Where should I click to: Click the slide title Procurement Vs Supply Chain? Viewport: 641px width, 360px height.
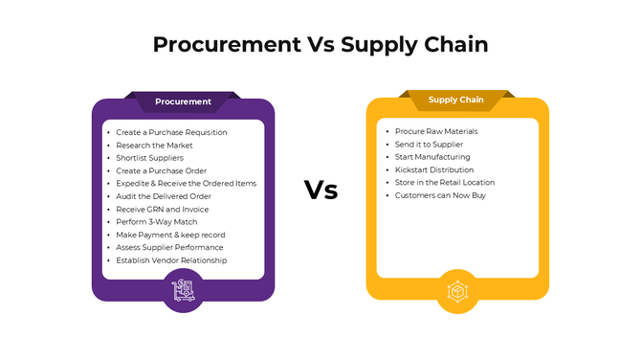(x=320, y=45)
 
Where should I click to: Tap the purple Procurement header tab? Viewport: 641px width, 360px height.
(x=183, y=101)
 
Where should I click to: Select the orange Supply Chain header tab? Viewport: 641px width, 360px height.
(x=455, y=100)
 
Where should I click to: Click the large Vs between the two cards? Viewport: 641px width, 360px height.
(x=320, y=190)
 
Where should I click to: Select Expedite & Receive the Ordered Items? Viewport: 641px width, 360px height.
(x=186, y=183)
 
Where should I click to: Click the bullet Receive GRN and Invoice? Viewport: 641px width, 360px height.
(x=163, y=209)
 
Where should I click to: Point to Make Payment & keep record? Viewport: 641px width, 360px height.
(x=170, y=235)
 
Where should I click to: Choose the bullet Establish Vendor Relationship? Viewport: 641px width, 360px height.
(x=172, y=260)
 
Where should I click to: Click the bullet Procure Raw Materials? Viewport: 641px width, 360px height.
(x=436, y=131)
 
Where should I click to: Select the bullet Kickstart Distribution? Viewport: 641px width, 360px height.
(x=434, y=169)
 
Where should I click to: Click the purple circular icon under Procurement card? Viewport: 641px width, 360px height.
(x=183, y=289)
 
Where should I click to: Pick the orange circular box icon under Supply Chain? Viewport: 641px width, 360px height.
(x=456, y=289)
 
